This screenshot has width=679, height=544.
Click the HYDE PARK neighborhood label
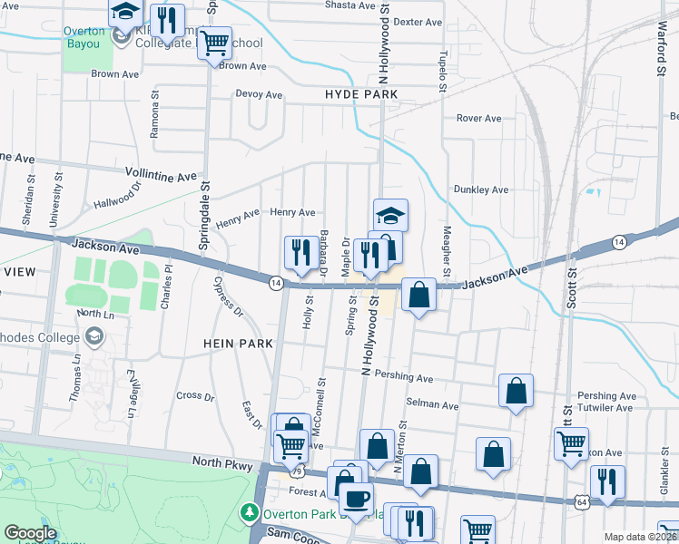(359, 94)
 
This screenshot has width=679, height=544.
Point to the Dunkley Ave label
(481, 189)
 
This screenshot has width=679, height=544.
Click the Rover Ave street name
(478, 118)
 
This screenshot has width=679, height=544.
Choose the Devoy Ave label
(259, 94)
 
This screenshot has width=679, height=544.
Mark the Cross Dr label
(195, 396)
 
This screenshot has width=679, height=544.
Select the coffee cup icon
(356, 497)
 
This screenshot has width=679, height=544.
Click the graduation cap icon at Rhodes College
(93, 336)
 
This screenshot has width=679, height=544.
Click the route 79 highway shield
(296, 471)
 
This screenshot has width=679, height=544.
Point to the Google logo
(30, 533)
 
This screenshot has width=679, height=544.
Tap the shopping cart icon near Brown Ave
(214, 42)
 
